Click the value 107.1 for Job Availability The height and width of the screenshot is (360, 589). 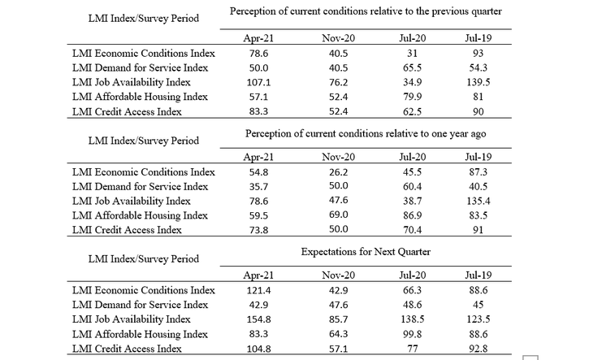point(258,82)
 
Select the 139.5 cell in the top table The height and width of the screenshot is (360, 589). point(479,82)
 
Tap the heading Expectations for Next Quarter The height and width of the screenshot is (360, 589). point(366,252)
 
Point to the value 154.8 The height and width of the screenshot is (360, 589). point(258,319)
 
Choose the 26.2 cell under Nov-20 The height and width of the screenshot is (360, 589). point(339,172)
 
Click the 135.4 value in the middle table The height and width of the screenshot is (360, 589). point(479,201)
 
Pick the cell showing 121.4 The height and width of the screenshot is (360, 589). point(258,290)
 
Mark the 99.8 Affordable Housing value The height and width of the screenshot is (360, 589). point(413,334)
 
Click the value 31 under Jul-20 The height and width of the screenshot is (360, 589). point(413,54)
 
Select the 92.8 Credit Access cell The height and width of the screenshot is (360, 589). point(479,349)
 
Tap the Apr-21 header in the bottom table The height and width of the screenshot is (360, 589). point(258,275)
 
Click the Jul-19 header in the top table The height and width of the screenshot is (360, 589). point(479,38)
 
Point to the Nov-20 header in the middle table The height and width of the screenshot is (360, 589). point(339,157)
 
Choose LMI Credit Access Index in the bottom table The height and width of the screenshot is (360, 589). point(127,349)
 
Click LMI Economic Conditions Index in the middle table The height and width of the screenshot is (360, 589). point(144,172)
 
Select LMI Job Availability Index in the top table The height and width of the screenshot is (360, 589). point(132,82)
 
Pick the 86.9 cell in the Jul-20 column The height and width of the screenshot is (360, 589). point(413,215)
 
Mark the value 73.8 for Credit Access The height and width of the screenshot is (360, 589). point(258,230)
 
